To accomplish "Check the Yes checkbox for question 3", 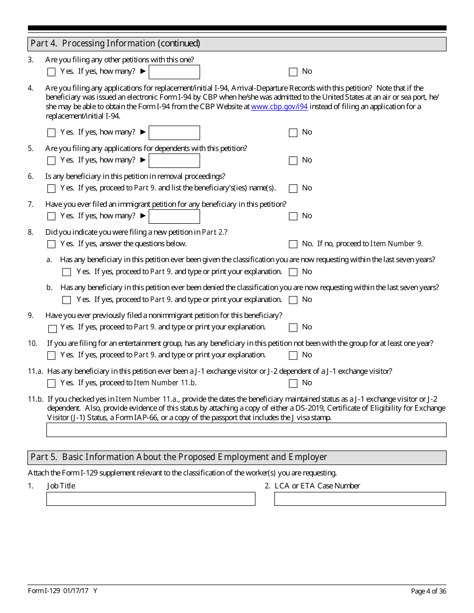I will (51, 72).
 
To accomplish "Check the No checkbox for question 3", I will (293, 72).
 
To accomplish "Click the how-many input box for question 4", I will (174, 133).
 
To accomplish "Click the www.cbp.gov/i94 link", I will (279, 107).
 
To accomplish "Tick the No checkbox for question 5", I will (293, 160).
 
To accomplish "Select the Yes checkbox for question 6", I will (51, 188).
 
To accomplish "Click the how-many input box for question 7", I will (174, 216).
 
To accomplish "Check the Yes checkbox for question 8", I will (51, 244).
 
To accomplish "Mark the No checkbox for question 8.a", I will (293, 272).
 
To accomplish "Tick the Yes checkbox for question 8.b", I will (67, 300).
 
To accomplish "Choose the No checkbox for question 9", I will (293, 327).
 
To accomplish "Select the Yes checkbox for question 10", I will (51, 355).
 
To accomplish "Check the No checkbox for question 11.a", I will (293, 383).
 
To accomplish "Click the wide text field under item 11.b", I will (246, 430).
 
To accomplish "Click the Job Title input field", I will (151, 499).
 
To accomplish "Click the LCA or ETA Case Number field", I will (360, 499).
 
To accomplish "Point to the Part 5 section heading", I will (179, 457).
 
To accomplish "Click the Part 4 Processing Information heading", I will (115, 43).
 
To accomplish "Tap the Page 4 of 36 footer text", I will (428, 591).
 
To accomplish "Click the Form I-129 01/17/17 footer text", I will (63, 591).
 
